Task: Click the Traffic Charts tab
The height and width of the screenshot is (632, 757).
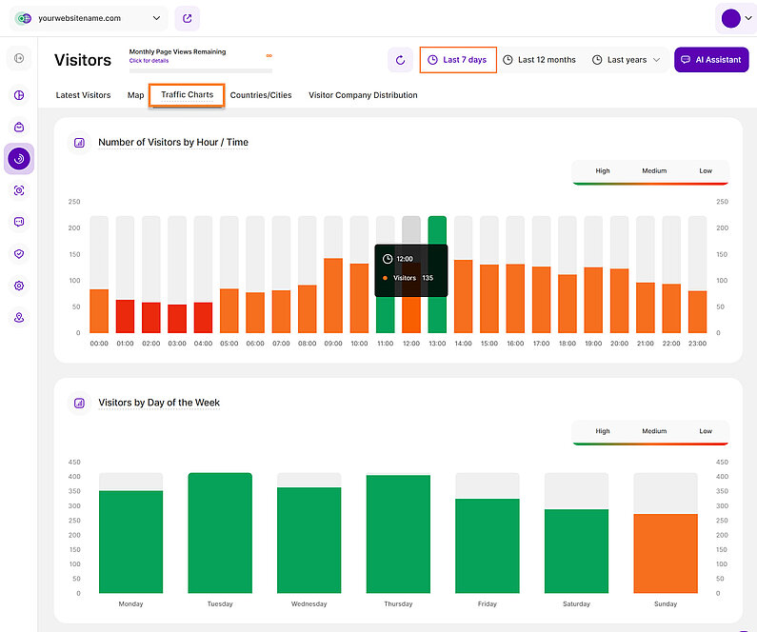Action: (187, 95)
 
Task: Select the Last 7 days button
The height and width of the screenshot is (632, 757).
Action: (458, 60)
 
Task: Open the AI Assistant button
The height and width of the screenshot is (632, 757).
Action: (710, 60)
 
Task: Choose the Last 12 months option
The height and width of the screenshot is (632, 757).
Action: (539, 60)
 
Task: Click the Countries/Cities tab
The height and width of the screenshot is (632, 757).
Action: (261, 95)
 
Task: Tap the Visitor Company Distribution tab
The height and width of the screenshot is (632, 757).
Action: (363, 95)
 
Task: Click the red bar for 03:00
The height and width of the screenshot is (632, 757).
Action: (177, 319)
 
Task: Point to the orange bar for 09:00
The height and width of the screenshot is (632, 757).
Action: (333, 295)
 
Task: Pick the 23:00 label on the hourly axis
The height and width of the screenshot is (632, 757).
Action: (697, 344)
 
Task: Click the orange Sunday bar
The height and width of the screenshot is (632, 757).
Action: (666, 554)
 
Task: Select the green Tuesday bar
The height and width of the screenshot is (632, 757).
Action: (220, 533)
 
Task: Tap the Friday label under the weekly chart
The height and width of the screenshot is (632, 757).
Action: (488, 603)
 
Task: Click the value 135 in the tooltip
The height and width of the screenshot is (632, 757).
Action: (427, 278)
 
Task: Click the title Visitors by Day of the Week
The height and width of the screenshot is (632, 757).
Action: (159, 403)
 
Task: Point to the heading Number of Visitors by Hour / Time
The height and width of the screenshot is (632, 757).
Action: (173, 143)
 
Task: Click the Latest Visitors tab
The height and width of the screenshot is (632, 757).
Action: (84, 95)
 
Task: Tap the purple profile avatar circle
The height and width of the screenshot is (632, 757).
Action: (731, 18)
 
